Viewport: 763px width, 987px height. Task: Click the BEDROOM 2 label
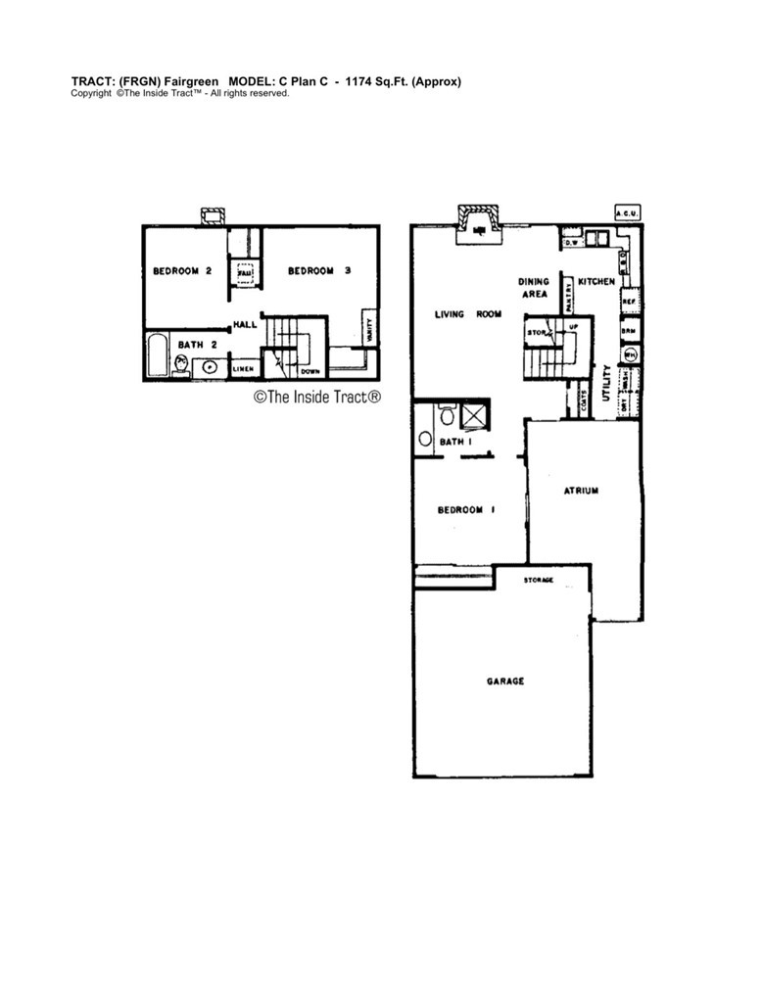click(x=182, y=271)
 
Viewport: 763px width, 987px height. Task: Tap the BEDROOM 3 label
click(x=319, y=271)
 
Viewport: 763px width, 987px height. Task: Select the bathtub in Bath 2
click(x=157, y=355)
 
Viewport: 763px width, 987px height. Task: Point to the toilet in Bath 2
click(x=181, y=365)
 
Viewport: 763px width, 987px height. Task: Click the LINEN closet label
click(x=244, y=369)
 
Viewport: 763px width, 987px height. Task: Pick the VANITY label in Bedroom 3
click(x=369, y=322)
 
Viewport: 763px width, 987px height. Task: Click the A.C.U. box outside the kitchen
click(x=626, y=212)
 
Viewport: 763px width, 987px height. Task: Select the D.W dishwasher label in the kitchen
click(x=573, y=241)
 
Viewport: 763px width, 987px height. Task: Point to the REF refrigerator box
click(x=630, y=302)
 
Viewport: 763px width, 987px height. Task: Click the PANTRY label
click(x=567, y=292)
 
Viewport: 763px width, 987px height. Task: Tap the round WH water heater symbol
click(x=631, y=354)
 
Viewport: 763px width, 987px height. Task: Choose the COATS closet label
click(x=585, y=401)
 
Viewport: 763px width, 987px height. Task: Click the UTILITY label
click(x=607, y=383)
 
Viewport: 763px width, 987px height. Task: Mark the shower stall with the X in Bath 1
click(x=475, y=416)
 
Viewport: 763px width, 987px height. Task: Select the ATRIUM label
click(x=581, y=491)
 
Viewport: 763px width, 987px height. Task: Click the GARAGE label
click(x=505, y=681)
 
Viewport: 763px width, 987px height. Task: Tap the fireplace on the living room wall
click(x=479, y=221)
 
